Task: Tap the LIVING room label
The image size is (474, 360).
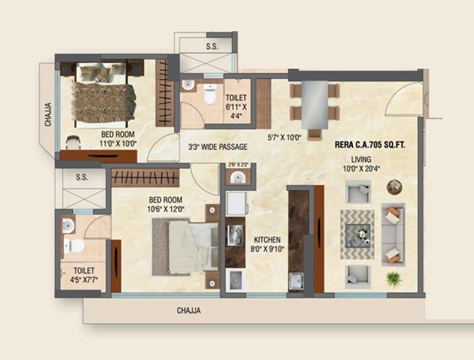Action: [x=360, y=159]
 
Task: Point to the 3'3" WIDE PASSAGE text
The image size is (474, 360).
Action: [x=217, y=146]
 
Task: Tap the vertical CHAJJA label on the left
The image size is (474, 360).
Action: [x=48, y=115]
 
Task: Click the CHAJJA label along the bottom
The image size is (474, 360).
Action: [x=189, y=310]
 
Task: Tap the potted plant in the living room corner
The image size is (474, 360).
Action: [x=392, y=277]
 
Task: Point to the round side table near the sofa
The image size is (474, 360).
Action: [x=393, y=187]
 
